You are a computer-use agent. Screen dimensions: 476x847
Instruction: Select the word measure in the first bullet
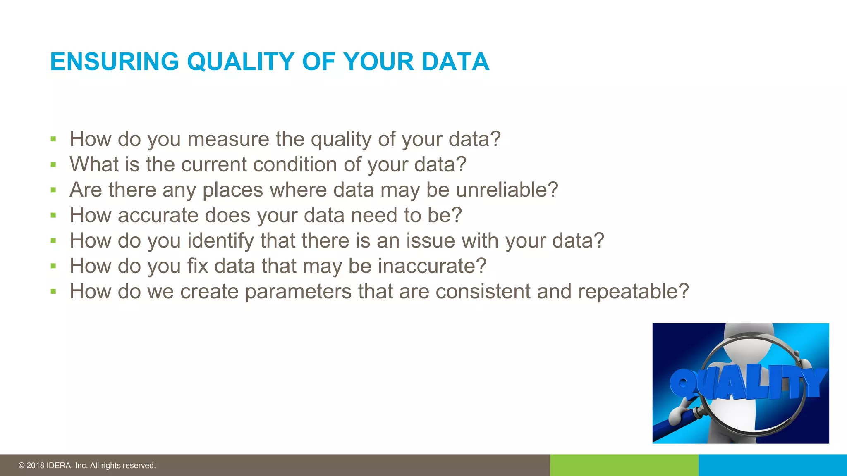(228, 139)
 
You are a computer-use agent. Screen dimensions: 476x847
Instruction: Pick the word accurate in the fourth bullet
(158, 215)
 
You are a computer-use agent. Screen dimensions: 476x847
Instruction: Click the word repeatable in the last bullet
(633, 291)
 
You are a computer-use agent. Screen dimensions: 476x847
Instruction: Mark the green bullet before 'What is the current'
(53, 165)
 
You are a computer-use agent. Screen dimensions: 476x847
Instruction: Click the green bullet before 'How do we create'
(53, 292)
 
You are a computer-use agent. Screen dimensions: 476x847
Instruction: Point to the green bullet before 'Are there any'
(53, 190)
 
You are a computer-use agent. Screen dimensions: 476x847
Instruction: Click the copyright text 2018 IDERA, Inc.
(87, 466)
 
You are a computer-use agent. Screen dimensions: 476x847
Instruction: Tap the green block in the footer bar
(624, 465)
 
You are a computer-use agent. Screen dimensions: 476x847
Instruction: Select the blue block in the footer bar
(773, 465)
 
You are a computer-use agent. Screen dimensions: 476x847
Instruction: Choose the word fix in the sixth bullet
(197, 266)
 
